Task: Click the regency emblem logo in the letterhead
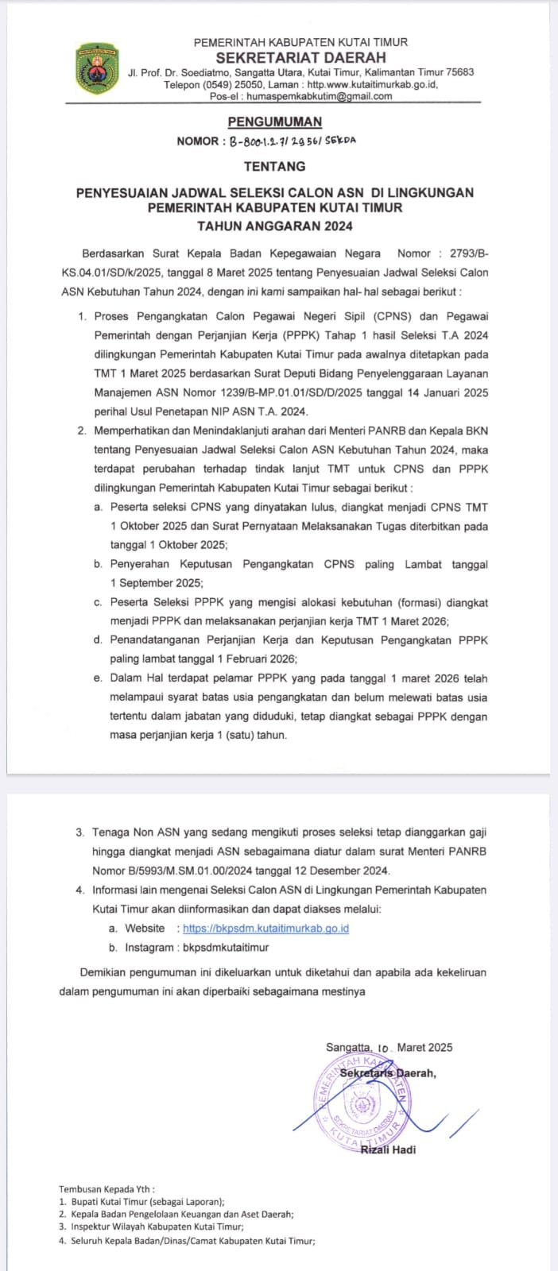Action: click(95, 70)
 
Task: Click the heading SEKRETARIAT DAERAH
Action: click(300, 57)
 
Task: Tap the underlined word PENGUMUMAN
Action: click(275, 122)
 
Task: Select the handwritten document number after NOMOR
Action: click(293, 141)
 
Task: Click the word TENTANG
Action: click(274, 166)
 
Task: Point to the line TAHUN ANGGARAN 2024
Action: click(275, 226)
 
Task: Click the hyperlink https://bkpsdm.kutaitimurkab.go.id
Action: click(266, 928)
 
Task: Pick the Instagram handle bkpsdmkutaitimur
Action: click(226, 947)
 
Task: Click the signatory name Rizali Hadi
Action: click(388, 1149)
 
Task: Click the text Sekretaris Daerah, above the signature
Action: click(388, 1073)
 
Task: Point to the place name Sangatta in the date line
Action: click(348, 1047)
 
